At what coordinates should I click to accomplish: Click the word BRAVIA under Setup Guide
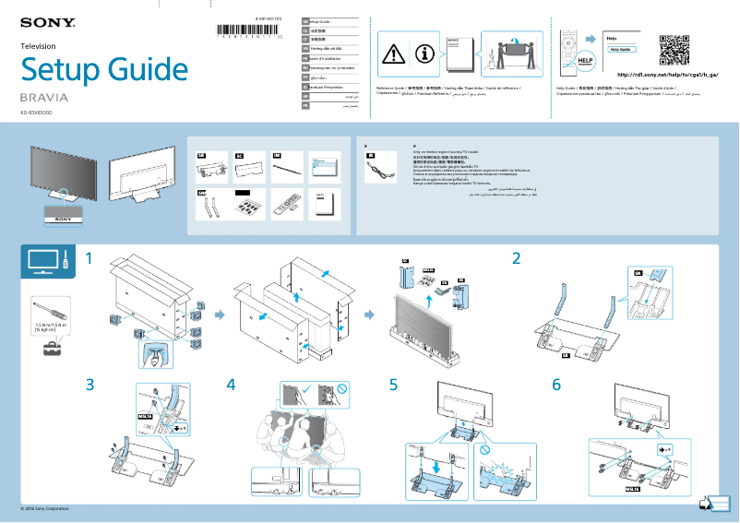point(44,96)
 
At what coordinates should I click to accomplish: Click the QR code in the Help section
point(675,48)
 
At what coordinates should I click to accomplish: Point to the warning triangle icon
point(394,53)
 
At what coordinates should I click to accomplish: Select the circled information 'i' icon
point(425,53)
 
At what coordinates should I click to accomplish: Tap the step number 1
point(90,259)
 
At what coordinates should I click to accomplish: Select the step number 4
point(231,385)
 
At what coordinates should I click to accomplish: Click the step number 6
point(555,385)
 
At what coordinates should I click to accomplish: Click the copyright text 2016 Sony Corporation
point(44,508)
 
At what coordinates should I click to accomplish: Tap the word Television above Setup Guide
point(38,45)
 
